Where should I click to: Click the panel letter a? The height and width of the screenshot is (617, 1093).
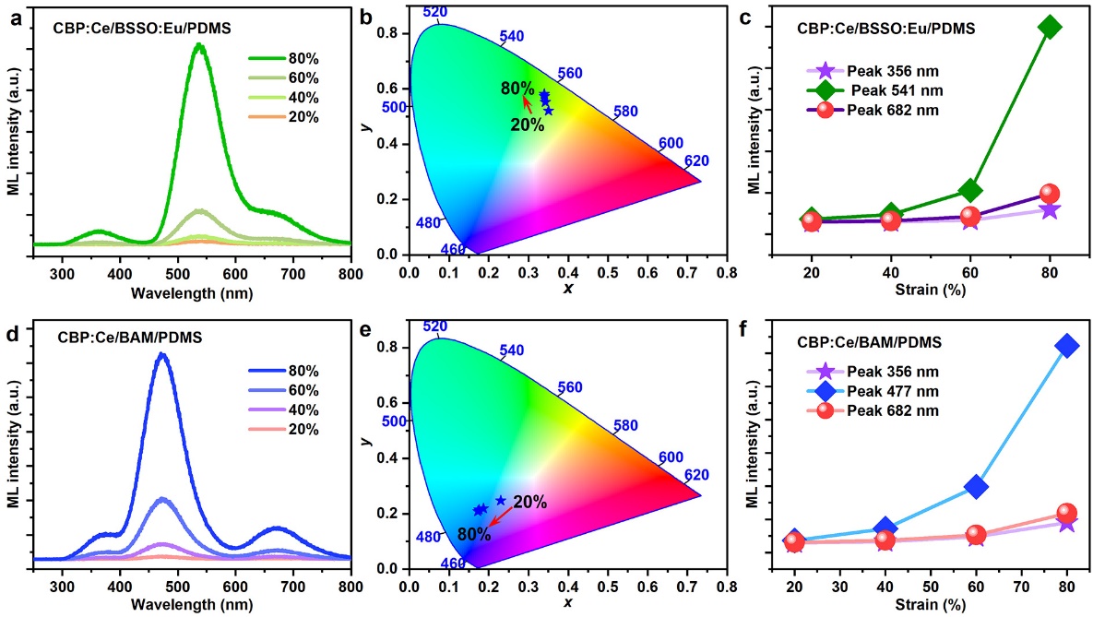[15, 14]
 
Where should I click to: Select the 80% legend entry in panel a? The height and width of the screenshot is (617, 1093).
[295, 58]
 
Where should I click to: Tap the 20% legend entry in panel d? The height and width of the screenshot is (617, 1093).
[295, 430]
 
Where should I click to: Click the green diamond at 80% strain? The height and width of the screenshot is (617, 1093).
[1049, 27]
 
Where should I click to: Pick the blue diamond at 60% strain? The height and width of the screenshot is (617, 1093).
[977, 486]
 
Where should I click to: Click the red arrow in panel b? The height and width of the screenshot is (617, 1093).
[526, 102]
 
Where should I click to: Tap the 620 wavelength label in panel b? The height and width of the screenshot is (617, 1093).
[697, 161]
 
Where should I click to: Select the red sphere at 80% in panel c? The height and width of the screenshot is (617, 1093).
[1050, 194]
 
